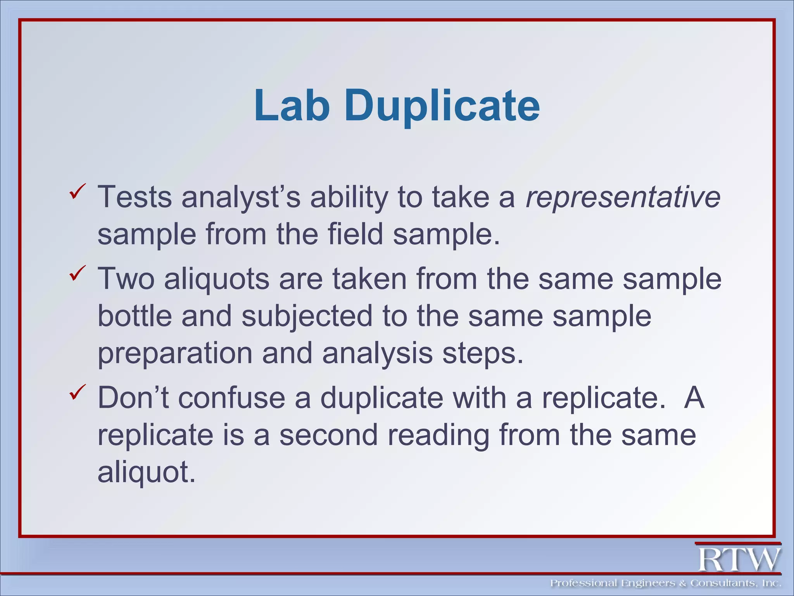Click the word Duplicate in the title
coord(442,106)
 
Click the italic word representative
coord(623,197)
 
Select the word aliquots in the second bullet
coord(216,279)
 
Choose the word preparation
coord(175,353)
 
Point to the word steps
coord(482,353)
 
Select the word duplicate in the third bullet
coord(381,398)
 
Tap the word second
coord(328,435)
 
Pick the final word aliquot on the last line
coord(146,472)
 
